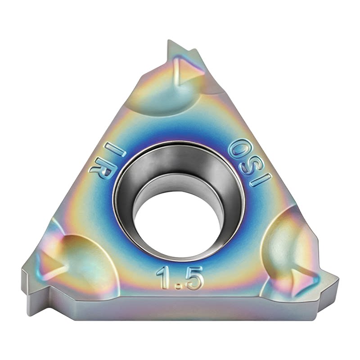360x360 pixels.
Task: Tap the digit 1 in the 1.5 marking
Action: click(x=164, y=277)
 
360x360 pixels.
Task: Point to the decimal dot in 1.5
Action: click(x=177, y=286)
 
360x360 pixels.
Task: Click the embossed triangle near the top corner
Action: click(x=184, y=71)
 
